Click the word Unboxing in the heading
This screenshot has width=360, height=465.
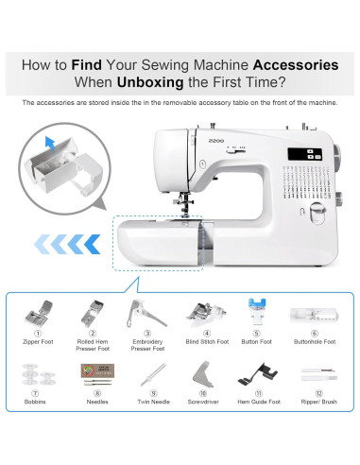coord(150,82)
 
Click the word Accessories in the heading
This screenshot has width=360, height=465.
coord(296,65)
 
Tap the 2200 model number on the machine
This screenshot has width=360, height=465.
coord(216,141)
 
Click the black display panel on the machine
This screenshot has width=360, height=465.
coord(304,154)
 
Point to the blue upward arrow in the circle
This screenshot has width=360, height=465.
coord(50,144)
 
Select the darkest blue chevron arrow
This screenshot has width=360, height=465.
coord(92,244)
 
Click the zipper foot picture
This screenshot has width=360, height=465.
coord(39,314)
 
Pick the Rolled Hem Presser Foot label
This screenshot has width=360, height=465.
coord(93,345)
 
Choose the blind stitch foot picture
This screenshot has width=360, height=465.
coord(206,314)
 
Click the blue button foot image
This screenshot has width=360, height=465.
coord(257,312)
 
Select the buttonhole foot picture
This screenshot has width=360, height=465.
coord(315,315)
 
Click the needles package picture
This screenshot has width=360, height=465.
coord(97,374)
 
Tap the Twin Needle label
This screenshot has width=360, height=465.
coord(154,402)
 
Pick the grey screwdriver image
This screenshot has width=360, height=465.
coord(203,374)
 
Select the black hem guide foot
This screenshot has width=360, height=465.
coord(258,374)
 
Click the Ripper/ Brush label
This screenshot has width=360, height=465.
coord(319,402)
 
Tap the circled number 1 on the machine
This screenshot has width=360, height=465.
coord(202,164)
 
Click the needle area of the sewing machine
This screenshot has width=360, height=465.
coord(185,205)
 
